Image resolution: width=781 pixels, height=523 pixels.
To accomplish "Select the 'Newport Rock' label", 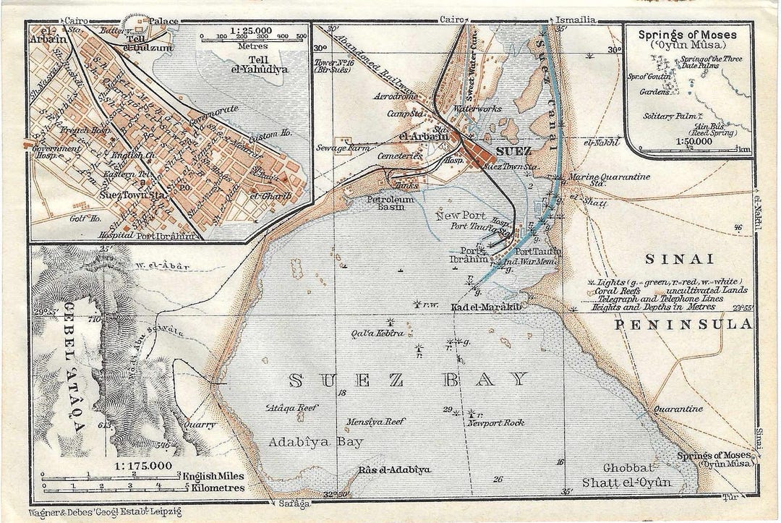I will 495,422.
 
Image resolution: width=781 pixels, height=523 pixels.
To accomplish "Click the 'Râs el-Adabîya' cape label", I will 394,469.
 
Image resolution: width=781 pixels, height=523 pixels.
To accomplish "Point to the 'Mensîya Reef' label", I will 375,422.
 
